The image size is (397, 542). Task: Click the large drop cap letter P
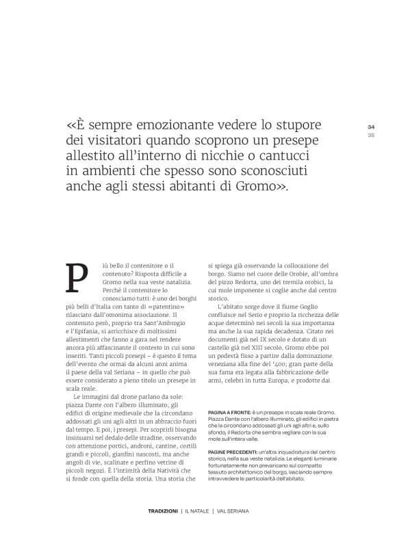[x=76, y=277]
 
